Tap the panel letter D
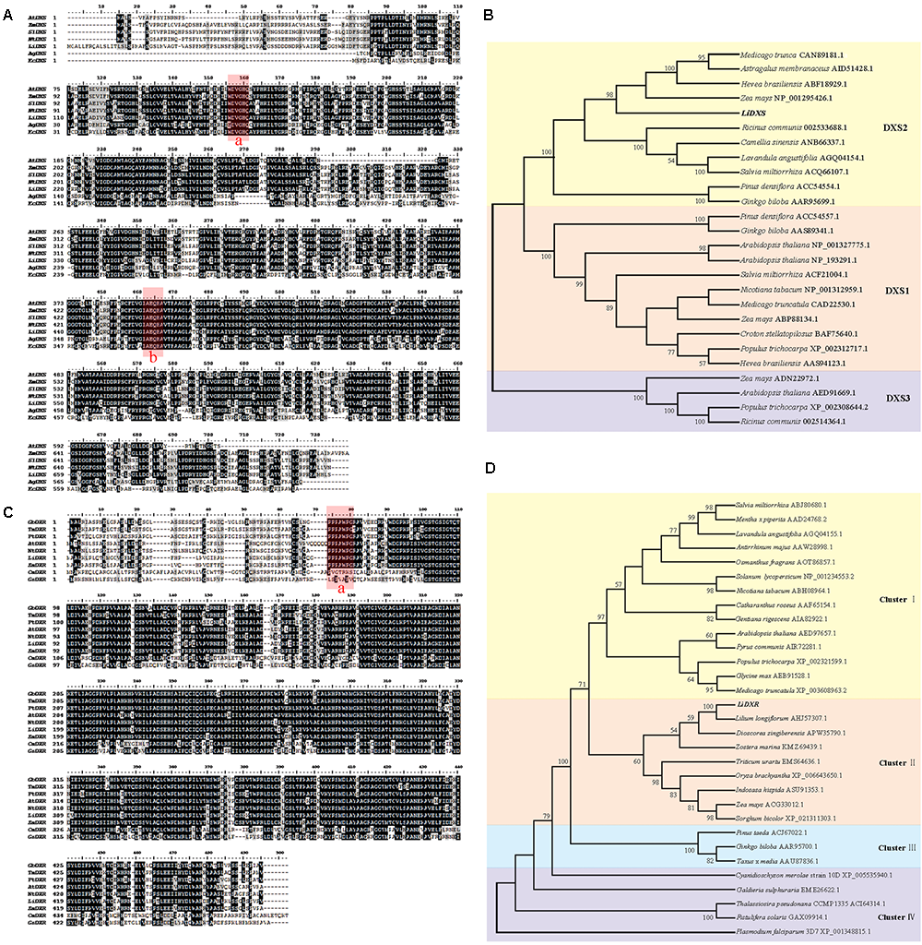pos(489,469)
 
